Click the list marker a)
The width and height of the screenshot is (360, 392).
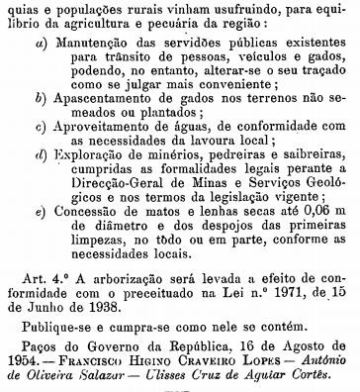[39, 48]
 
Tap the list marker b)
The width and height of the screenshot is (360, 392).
[39, 103]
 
